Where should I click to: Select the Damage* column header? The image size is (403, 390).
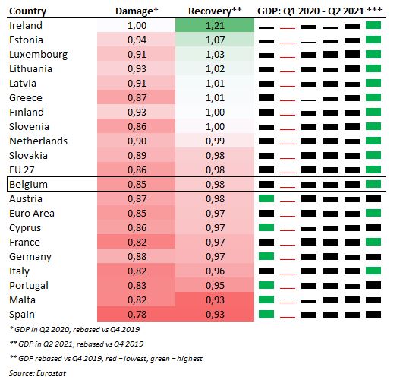[136, 11]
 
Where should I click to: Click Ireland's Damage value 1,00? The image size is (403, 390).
[137, 25]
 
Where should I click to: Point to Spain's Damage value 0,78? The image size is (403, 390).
[137, 314]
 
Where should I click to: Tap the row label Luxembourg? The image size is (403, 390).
[38, 54]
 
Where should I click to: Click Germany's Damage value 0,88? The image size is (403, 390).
[137, 256]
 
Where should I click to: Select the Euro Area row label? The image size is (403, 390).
[31, 213]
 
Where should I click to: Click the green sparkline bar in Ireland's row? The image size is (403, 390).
[373, 26]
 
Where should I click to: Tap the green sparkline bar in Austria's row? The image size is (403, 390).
[266, 198]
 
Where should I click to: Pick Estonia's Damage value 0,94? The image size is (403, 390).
[137, 40]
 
